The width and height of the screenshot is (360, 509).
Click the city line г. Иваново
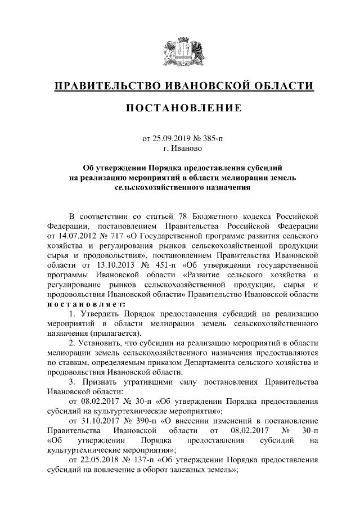click(x=179, y=148)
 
